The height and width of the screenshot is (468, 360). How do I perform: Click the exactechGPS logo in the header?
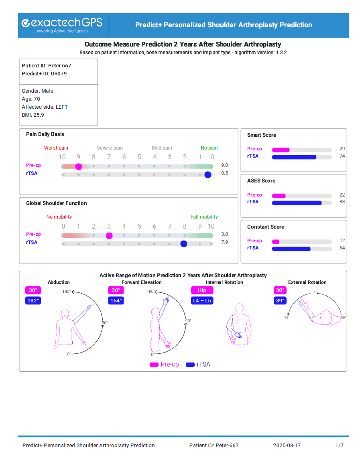[62, 24]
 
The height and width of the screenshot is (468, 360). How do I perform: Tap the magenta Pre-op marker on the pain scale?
[79, 166]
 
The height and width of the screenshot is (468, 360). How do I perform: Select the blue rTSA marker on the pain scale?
[207, 174]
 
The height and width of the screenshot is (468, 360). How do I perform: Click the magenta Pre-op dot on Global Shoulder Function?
[109, 235]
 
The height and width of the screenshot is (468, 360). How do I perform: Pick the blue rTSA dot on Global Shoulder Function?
[184, 243]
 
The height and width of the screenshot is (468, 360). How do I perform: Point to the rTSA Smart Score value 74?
[342, 156]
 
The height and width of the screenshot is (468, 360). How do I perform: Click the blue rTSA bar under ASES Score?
[297, 203]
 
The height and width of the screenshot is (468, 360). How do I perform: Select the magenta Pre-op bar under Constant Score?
[276, 242]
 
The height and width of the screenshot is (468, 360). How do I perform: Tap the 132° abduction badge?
[33, 300]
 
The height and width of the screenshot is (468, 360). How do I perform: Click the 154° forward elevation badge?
[116, 300]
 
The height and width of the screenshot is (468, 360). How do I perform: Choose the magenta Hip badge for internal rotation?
[202, 290]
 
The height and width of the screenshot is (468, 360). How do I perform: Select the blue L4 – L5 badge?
[202, 300]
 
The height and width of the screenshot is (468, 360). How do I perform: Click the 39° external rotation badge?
[280, 300]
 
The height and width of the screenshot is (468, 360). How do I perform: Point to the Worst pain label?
[56, 148]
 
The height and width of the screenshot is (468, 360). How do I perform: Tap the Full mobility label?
[204, 217]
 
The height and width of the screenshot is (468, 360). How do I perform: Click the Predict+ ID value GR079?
[59, 74]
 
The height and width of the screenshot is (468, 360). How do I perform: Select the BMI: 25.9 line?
[33, 115]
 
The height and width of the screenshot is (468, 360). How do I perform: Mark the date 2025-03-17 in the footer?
[287, 446]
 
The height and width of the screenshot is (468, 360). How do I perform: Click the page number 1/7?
[340, 446]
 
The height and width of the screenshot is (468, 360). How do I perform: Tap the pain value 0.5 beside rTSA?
[225, 173]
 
